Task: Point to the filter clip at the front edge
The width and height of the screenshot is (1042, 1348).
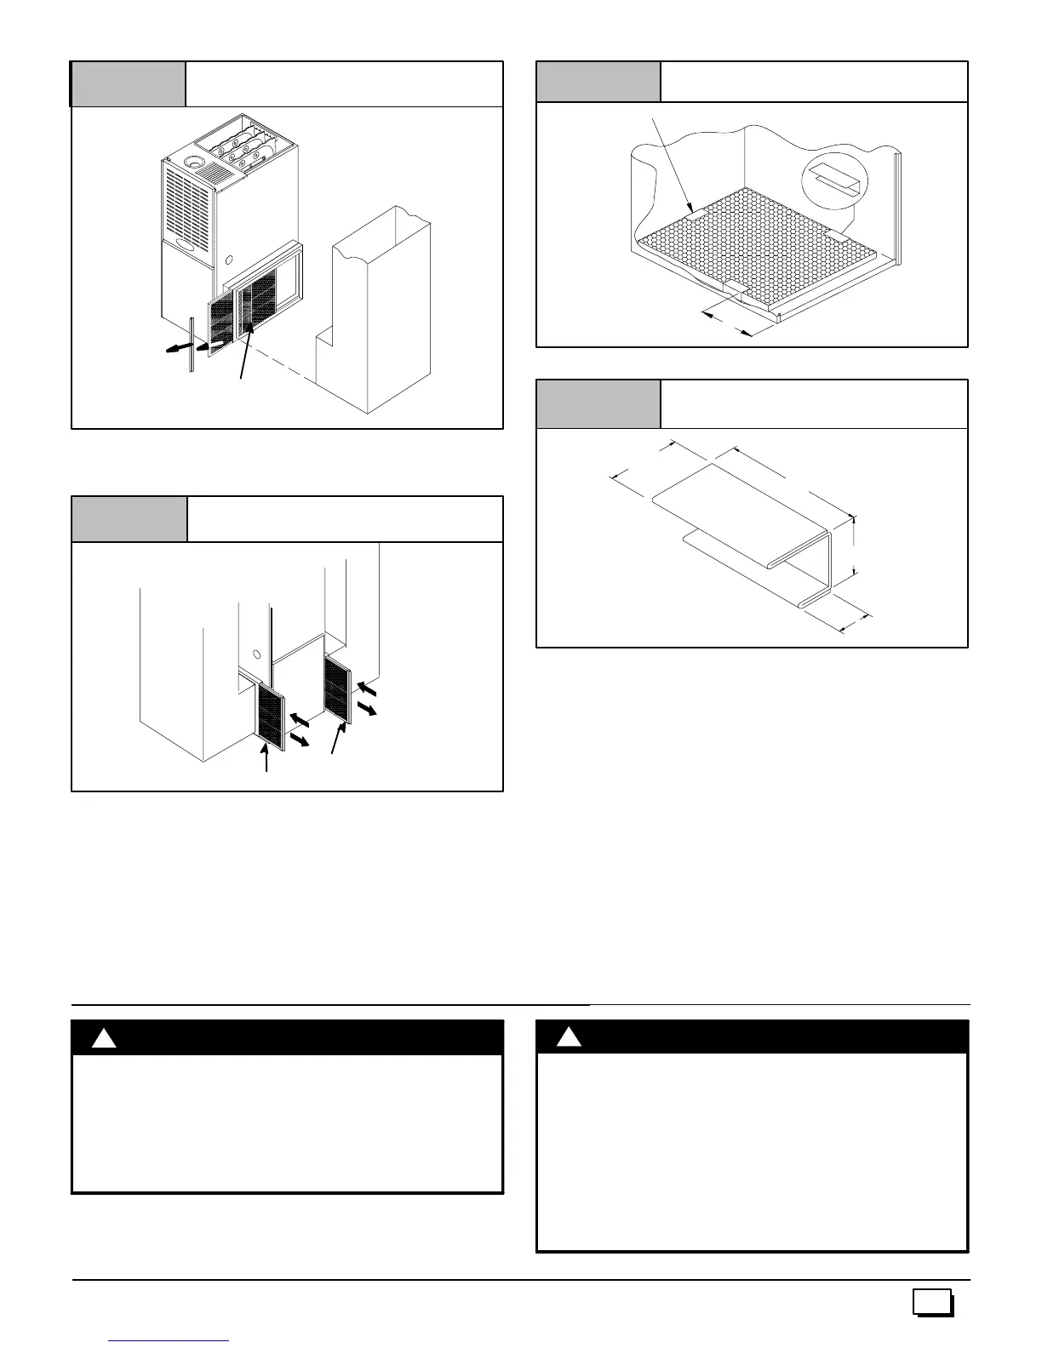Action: pos(733,291)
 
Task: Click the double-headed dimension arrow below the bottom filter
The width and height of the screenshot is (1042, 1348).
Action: pos(727,324)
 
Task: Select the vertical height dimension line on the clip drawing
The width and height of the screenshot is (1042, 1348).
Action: pos(854,549)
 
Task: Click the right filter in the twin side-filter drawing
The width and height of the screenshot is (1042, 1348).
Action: pos(337,688)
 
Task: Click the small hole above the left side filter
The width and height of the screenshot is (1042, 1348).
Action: pos(255,654)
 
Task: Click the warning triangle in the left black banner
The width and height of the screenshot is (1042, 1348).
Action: pos(104,1039)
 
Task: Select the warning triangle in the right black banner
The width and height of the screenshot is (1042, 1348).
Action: pos(570,1037)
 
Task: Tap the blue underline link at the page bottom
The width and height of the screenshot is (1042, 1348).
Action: pos(170,1341)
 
